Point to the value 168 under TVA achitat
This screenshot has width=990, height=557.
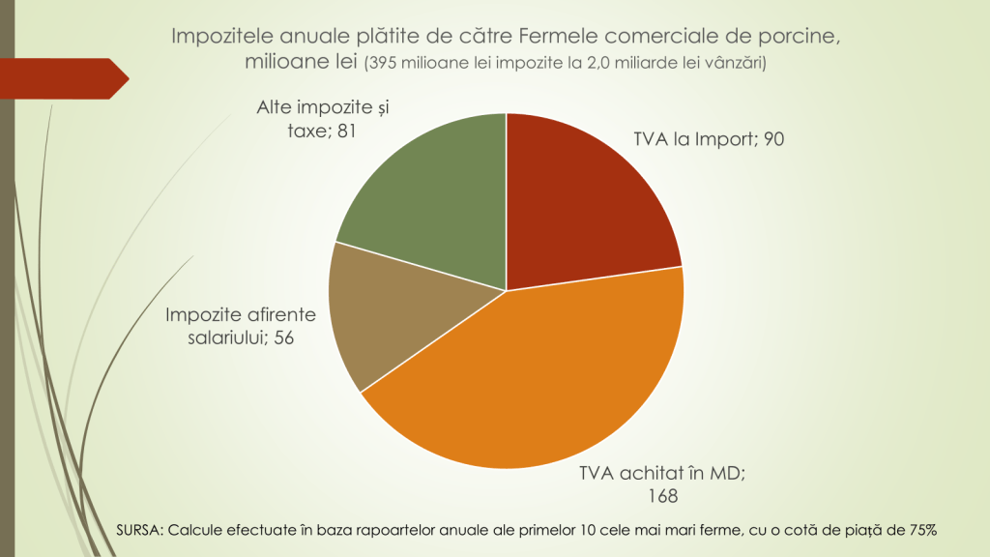(663, 495)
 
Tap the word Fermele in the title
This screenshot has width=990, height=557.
(559, 37)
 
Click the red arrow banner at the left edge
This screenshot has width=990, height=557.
(64, 78)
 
